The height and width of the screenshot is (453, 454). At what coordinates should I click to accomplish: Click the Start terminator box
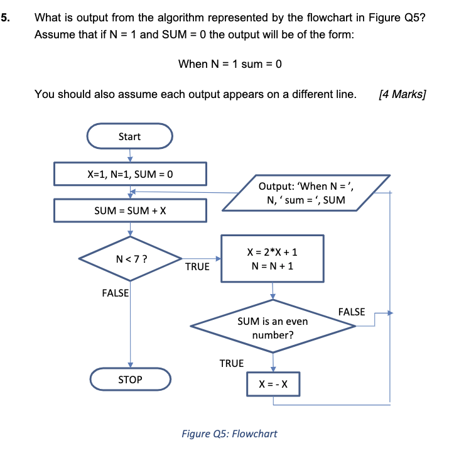point(129,136)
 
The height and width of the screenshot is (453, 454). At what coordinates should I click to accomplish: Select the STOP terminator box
point(130,379)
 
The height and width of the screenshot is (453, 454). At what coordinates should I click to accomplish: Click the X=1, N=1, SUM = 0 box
point(130,174)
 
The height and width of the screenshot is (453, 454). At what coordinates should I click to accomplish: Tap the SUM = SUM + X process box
point(130,210)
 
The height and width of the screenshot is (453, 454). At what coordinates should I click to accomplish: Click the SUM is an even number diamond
point(273,327)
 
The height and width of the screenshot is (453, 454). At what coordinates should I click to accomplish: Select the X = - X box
point(273,383)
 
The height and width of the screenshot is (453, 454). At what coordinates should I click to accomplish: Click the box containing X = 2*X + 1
point(273,258)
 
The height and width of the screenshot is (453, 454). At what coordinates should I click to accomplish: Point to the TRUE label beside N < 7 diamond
point(197,267)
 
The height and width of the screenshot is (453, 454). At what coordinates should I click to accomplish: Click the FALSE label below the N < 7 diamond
point(115,293)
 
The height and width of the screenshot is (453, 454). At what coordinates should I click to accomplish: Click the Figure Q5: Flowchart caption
point(229,434)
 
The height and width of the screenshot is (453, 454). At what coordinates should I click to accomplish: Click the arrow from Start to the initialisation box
point(129,154)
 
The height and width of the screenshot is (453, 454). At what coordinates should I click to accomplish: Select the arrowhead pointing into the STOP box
point(131,365)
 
